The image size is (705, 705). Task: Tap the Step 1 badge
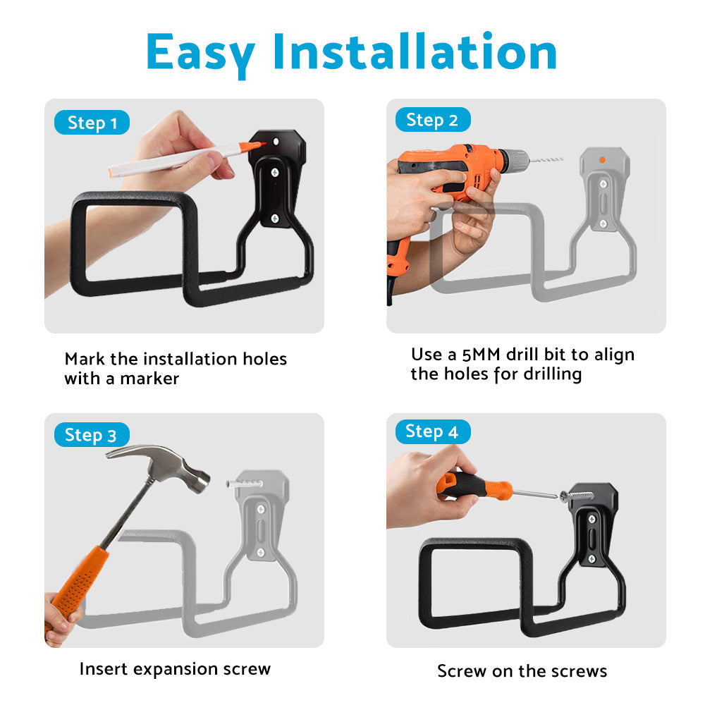pyautogui.click(x=92, y=123)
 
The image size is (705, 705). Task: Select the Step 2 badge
pyautogui.click(x=432, y=121)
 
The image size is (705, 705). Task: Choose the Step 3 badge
pyautogui.click(x=91, y=435)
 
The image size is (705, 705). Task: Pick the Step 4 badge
pyautogui.click(x=431, y=431)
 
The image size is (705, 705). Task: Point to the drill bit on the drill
pyautogui.click(x=546, y=160)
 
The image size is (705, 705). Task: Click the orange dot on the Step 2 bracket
pyautogui.click(x=602, y=160)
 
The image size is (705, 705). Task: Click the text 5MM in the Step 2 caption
pyautogui.click(x=488, y=354)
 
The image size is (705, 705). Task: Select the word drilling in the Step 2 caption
pyautogui.click(x=547, y=374)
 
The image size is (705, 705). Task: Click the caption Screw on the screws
pyautogui.click(x=522, y=670)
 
